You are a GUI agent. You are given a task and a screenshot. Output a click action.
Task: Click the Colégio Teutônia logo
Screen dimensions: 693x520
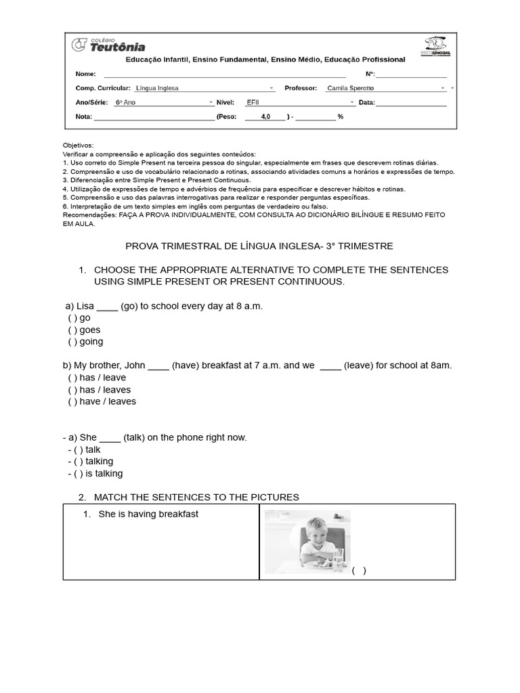pyautogui.click(x=108, y=45)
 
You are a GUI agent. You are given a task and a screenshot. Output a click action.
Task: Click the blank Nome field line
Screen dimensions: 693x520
pyautogui.click(x=224, y=74)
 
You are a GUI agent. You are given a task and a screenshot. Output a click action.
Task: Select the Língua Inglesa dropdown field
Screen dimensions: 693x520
pyautogui.click(x=203, y=88)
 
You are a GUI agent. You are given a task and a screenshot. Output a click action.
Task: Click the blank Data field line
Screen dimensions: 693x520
pyautogui.click(x=411, y=103)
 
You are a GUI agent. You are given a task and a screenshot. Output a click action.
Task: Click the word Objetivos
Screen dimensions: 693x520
pyautogui.click(x=78, y=146)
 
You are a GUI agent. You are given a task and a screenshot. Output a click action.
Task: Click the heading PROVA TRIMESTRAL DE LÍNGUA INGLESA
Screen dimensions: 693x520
pyautogui.click(x=260, y=246)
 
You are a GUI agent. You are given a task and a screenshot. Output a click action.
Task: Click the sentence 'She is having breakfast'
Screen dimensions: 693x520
pyautogui.click(x=148, y=514)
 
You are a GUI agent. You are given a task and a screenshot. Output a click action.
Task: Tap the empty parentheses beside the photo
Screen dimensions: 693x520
pyautogui.click(x=359, y=570)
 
